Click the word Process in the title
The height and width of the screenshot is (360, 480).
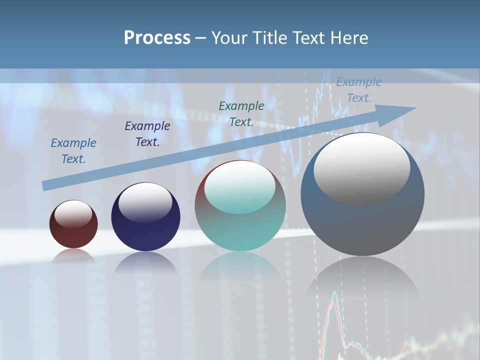(x=157, y=38)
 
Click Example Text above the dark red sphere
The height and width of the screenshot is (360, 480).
(x=73, y=151)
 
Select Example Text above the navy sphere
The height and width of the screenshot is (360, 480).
(x=147, y=134)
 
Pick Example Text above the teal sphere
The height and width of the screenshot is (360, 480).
(x=241, y=114)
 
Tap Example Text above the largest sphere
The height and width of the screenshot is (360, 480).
(x=359, y=90)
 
